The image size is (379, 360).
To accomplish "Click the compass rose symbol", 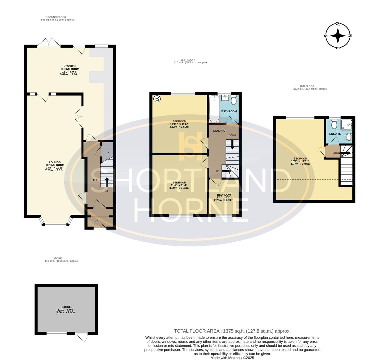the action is coord(338,36).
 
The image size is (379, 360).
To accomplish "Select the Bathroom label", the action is coord(229,111).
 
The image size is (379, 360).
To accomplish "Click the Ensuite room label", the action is coord(335,134).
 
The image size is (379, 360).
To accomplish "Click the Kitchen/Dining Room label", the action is coord(70,70).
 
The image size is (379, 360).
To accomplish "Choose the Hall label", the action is coord(94,180).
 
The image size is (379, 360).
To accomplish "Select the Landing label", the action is coord(219,131).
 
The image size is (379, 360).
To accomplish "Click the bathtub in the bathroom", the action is coord(214,109).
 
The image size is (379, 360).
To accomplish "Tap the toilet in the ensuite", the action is coord(335,125).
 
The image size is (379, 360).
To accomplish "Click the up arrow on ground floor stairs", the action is coord(106,182).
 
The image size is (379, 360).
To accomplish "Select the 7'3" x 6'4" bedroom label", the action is coord(224,197).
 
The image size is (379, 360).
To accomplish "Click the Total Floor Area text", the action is coord(232,331).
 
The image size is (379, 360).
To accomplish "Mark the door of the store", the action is coord(81,337).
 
